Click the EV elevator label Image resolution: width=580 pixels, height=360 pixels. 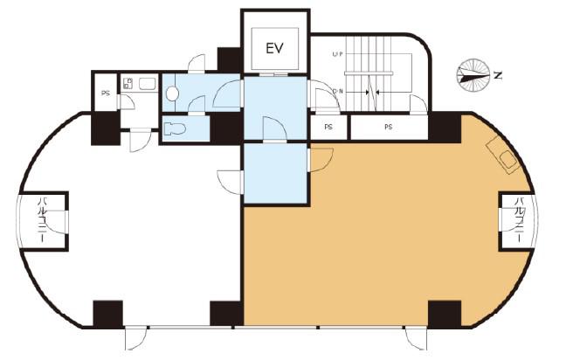click(x=274, y=48)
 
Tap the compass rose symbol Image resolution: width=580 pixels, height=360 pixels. click(x=473, y=75)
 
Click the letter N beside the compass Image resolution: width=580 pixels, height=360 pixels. click(x=498, y=75)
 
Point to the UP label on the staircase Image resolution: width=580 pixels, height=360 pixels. click(x=338, y=54)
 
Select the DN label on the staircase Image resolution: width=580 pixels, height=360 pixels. click(x=338, y=92)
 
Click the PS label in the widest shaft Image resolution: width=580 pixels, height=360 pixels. click(x=388, y=128)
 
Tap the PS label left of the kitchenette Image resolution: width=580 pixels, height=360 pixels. click(x=106, y=93)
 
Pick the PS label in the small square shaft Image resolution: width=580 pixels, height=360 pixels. click(x=328, y=128)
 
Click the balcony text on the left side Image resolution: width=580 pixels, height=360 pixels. click(x=43, y=220)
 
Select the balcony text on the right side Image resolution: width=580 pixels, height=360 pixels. click(x=520, y=220)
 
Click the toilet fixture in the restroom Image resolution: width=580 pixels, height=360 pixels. click(x=174, y=128)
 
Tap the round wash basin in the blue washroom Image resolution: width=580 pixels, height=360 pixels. click(x=172, y=93)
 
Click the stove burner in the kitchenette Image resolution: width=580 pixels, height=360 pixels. click(x=128, y=83)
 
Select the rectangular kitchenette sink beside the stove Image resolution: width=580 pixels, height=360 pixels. click(x=147, y=84)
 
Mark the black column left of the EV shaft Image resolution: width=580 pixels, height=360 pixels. click(x=230, y=59)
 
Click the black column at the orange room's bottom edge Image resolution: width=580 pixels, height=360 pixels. click(x=445, y=314)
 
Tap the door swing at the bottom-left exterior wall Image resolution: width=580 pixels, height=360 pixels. click(x=135, y=338)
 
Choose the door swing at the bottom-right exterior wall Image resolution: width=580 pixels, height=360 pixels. click(x=416, y=338)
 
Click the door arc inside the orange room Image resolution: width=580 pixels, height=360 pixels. click(x=321, y=160)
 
